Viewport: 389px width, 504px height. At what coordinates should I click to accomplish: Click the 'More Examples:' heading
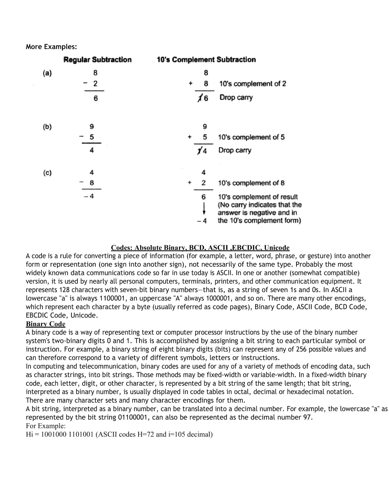pos(51,47)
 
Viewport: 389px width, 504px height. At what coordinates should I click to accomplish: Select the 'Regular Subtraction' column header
pos(97,60)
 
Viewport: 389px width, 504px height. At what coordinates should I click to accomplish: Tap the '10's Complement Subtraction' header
pos(206,60)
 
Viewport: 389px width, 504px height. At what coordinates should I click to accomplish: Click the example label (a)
pos(47,73)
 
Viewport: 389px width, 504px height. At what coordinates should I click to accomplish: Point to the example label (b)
pos(47,127)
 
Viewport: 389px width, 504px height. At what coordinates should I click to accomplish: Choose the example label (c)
pos(47,173)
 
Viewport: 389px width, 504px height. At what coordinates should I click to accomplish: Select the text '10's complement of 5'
pos(251,137)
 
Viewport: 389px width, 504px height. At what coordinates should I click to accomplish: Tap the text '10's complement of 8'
pos(251,183)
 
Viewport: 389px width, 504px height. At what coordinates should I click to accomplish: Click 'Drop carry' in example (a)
pos(236,97)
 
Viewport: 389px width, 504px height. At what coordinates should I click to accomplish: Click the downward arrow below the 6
pos(204,209)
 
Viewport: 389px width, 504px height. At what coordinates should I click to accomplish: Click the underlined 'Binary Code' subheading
pos(45,324)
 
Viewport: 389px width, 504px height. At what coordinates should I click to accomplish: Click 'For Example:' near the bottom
pos(45,426)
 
